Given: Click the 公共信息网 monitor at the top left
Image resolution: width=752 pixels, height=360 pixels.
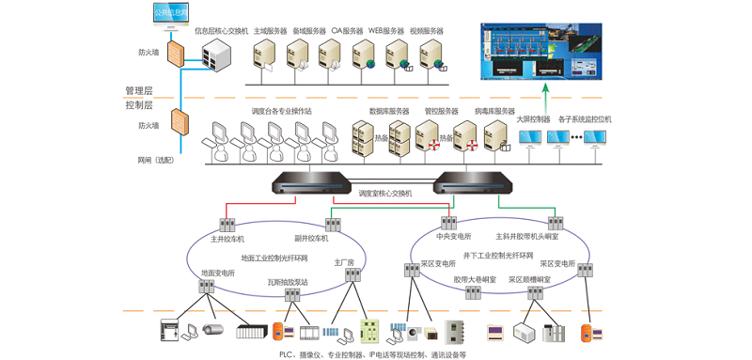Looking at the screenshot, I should point(170,14).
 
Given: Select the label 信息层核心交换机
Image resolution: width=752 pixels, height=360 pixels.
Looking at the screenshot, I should point(221,31).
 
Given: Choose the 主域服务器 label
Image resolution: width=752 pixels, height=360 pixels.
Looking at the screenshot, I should point(271,31).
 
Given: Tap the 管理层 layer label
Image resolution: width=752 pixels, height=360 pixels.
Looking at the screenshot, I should point(139,90).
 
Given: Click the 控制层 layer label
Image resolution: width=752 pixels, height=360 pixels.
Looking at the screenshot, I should point(139,105).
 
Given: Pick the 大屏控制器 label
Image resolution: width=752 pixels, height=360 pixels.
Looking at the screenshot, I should point(533,119).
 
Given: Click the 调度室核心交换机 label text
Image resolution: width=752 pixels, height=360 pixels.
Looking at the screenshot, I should point(385,194).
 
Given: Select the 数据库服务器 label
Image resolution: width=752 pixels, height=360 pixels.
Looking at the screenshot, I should point(388,111).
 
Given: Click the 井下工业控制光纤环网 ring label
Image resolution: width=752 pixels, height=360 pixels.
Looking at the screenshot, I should point(498,256).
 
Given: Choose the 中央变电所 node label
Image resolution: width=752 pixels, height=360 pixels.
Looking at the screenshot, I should point(454,236).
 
